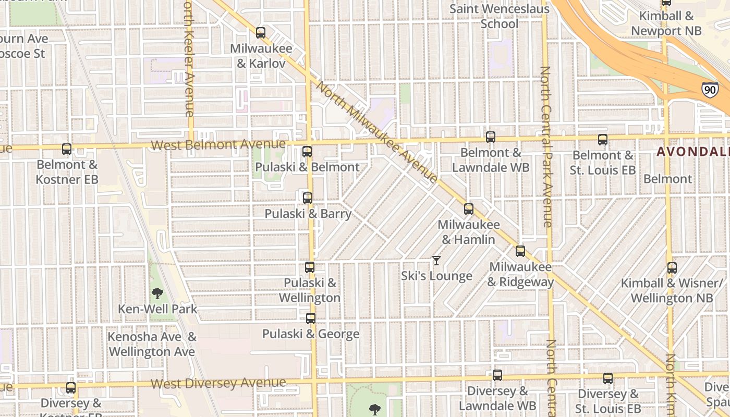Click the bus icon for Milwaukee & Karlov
(261, 33)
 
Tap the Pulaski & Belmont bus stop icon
(307, 152)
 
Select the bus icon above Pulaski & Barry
(308, 198)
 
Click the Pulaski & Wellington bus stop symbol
(310, 267)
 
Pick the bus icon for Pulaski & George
(311, 318)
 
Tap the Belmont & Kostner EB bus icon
(67, 149)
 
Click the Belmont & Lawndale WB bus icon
(491, 137)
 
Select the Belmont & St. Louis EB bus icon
(603, 140)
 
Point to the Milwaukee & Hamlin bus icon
(469, 209)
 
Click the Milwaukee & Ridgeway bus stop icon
(520, 251)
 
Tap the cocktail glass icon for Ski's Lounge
(436, 261)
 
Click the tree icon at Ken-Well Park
(157, 293)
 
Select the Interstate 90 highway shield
(709, 90)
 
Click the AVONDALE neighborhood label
(692, 152)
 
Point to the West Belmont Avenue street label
(218, 144)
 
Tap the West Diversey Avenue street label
(218, 384)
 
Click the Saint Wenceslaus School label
(500, 16)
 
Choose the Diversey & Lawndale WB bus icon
(497, 375)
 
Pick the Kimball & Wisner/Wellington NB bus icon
(672, 268)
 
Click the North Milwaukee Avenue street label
(376, 133)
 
